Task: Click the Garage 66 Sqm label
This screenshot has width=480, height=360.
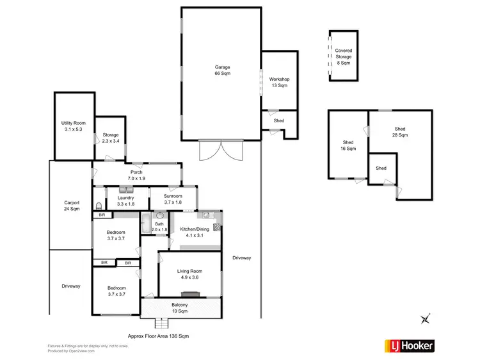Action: pyautogui.click(x=222, y=70)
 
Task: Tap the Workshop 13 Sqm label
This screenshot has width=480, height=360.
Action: pyautogui.click(x=279, y=81)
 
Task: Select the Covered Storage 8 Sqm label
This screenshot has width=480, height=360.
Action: pyautogui.click(x=344, y=56)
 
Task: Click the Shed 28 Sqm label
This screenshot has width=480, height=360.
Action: pyautogui.click(x=399, y=132)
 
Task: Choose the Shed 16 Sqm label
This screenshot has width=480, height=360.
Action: pyautogui.click(x=348, y=145)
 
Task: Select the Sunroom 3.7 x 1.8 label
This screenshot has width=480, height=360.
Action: pyautogui.click(x=173, y=199)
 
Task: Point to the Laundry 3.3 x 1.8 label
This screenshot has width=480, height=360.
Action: pyautogui.click(x=125, y=201)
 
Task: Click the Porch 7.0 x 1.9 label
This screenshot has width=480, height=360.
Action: pyautogui.click(x=136, y=175)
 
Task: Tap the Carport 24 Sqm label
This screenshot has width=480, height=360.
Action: pyautogui.click(x=72, y=206)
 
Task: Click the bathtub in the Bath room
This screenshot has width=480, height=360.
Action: pyautogui.click(x=145, y=224)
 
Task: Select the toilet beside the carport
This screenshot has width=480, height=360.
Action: pyautogui.click(x=98, y=206)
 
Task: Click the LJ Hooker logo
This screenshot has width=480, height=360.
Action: pyautogui.click(x=409, y=346)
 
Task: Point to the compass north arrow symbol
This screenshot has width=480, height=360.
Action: pyautogui.click(x=424, y=318)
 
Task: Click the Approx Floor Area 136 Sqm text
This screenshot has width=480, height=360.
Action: pyautogui.click(x=158, y=336)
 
